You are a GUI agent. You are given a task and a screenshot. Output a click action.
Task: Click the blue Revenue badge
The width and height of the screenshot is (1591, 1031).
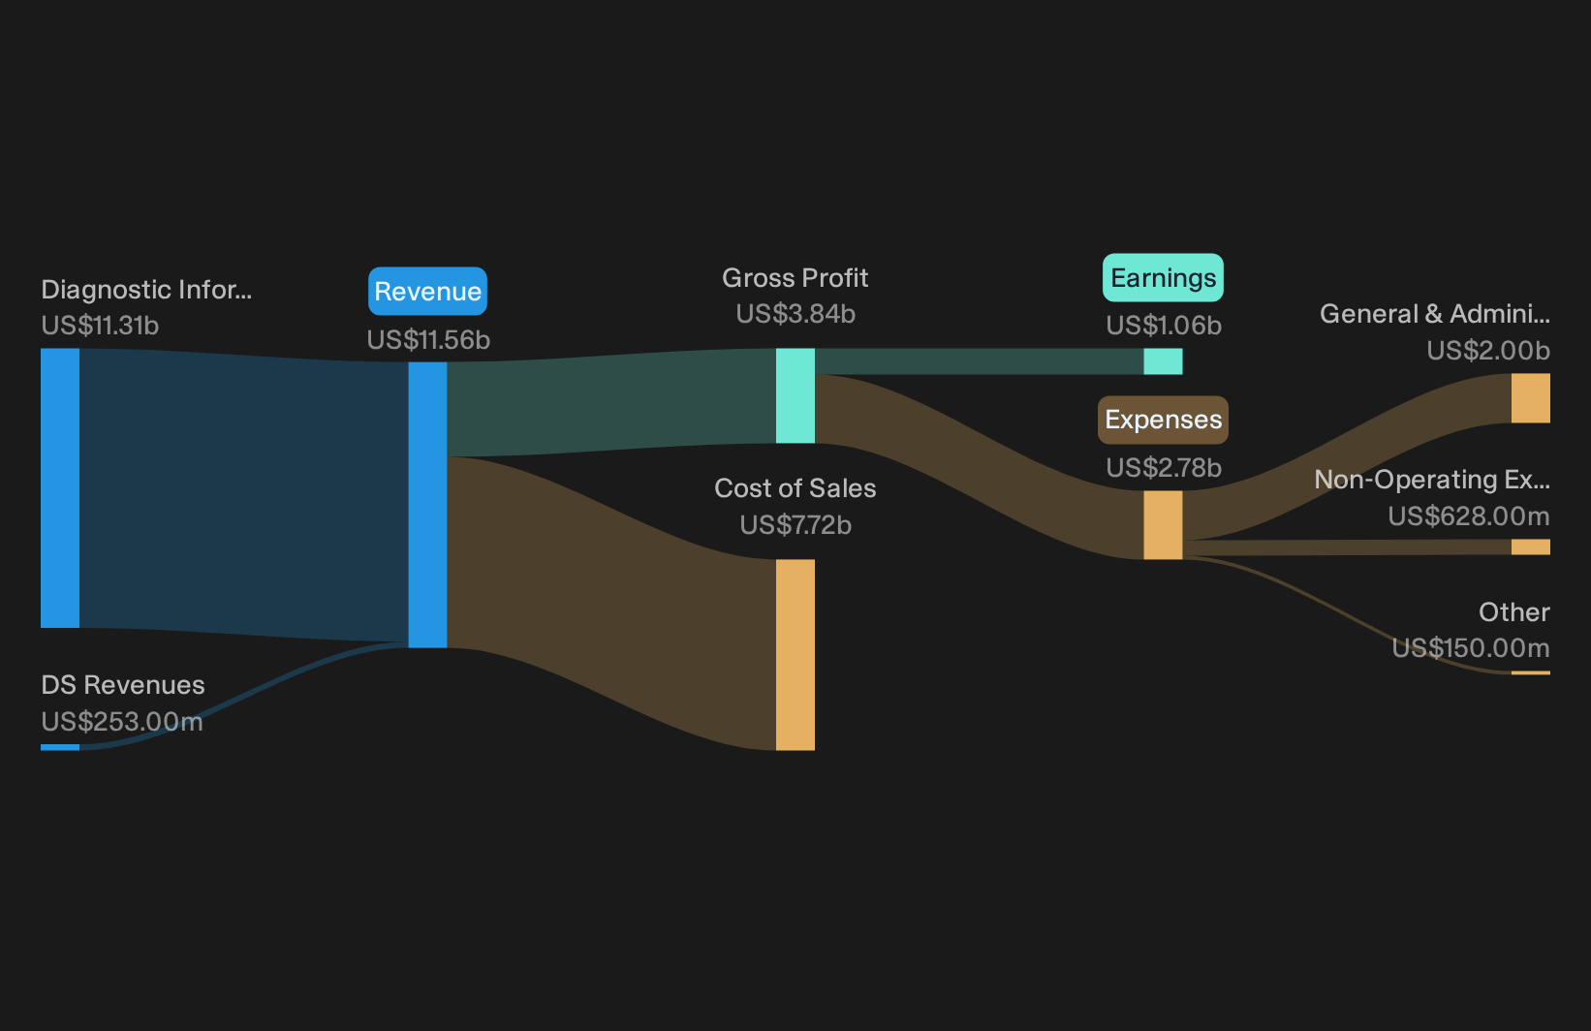tap(427, 292)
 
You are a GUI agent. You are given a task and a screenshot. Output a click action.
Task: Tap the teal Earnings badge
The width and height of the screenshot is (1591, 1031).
tap(1163, 278)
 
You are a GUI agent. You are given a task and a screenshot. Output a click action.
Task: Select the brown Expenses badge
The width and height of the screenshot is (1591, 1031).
tap(1163, 420)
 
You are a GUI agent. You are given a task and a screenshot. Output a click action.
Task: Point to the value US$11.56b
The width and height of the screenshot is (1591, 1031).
tap(428, 340)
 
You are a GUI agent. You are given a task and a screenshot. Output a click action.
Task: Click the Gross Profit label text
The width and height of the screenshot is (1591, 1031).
tap(795, 278)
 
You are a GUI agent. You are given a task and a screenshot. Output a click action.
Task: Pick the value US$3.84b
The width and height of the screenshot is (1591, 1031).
tap(795, 314)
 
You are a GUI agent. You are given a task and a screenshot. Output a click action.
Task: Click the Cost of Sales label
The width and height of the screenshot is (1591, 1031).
tap(795, 489)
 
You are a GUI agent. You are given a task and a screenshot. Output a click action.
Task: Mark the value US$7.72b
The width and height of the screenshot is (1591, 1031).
tap(795, 525)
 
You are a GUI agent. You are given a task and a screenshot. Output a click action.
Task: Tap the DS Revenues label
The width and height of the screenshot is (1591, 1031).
tap(123, 685)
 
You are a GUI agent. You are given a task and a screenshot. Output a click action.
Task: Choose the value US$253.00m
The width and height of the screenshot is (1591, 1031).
tap(122, 722)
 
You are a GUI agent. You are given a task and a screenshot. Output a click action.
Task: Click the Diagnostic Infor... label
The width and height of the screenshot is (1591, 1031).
tap(146, 290)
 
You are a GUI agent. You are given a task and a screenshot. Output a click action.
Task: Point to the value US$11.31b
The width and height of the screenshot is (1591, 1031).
tap(100, 326)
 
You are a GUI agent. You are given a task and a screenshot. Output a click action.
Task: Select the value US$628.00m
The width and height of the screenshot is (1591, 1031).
tap(1469, 515)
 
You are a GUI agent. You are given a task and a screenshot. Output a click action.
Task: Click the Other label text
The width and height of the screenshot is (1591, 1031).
tap(1514, 612)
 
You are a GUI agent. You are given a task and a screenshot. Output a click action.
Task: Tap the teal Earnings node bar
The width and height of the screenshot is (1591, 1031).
tap(1163, 361)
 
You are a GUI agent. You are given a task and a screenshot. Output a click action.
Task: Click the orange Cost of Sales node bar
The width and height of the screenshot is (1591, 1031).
tap(795, 654)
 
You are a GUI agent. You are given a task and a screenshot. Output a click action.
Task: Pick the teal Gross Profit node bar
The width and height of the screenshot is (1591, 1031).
tap(795, 395)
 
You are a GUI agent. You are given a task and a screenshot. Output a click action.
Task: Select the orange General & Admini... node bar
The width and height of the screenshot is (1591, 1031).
tap(1531, 398)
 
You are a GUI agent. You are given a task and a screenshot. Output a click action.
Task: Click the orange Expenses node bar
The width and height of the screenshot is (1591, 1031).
tap(1163, 525)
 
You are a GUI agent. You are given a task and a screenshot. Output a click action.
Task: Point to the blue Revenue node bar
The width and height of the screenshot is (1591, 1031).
tap(427, 505)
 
